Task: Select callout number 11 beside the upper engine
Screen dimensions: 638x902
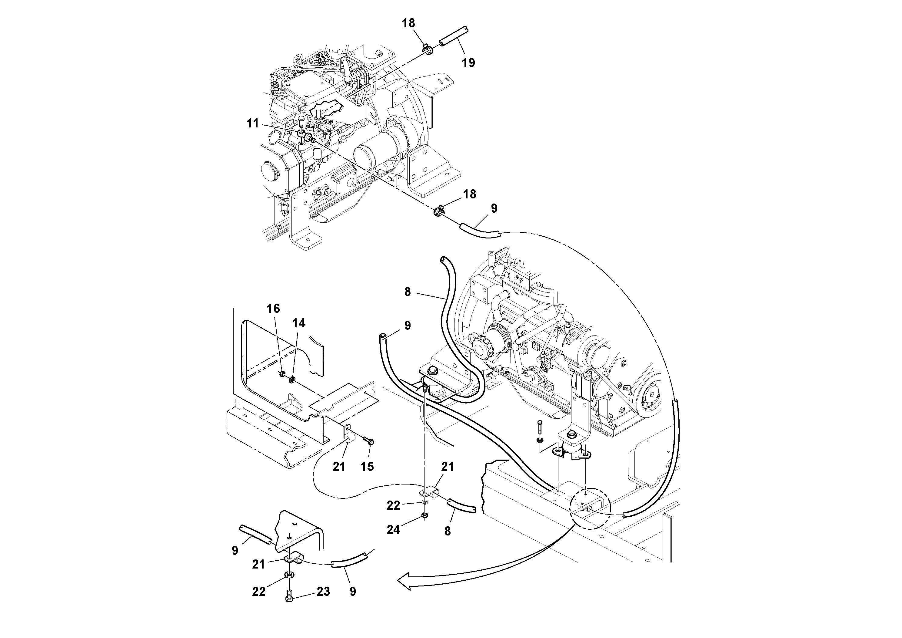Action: click(x=253, y=123)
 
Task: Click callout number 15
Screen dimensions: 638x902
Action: click(x=367, y=467)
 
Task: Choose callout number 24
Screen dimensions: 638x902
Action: click(x=393, y=530)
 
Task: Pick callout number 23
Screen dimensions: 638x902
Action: click(x=323, y=592)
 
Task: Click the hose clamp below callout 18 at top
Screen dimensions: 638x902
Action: click(x=428, y=50)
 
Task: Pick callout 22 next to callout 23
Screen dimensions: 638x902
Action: click(x=259, y=592)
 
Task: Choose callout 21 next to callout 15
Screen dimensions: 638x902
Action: click(x=339, y=467)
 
